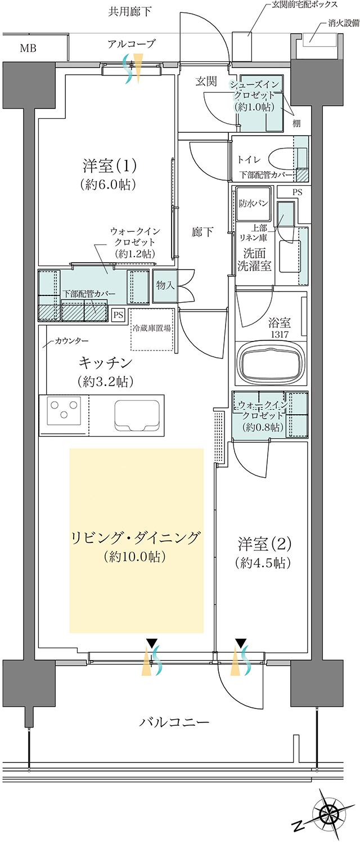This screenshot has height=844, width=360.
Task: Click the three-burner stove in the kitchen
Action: (62, 410)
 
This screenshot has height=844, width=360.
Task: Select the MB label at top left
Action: (28, 48)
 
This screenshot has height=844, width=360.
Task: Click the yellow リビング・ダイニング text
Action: (136, 538)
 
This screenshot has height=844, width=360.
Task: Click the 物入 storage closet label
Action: (166, 285)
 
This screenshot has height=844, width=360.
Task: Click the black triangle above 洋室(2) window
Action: (241, 642)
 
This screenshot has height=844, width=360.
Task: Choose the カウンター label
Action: (71, 342)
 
